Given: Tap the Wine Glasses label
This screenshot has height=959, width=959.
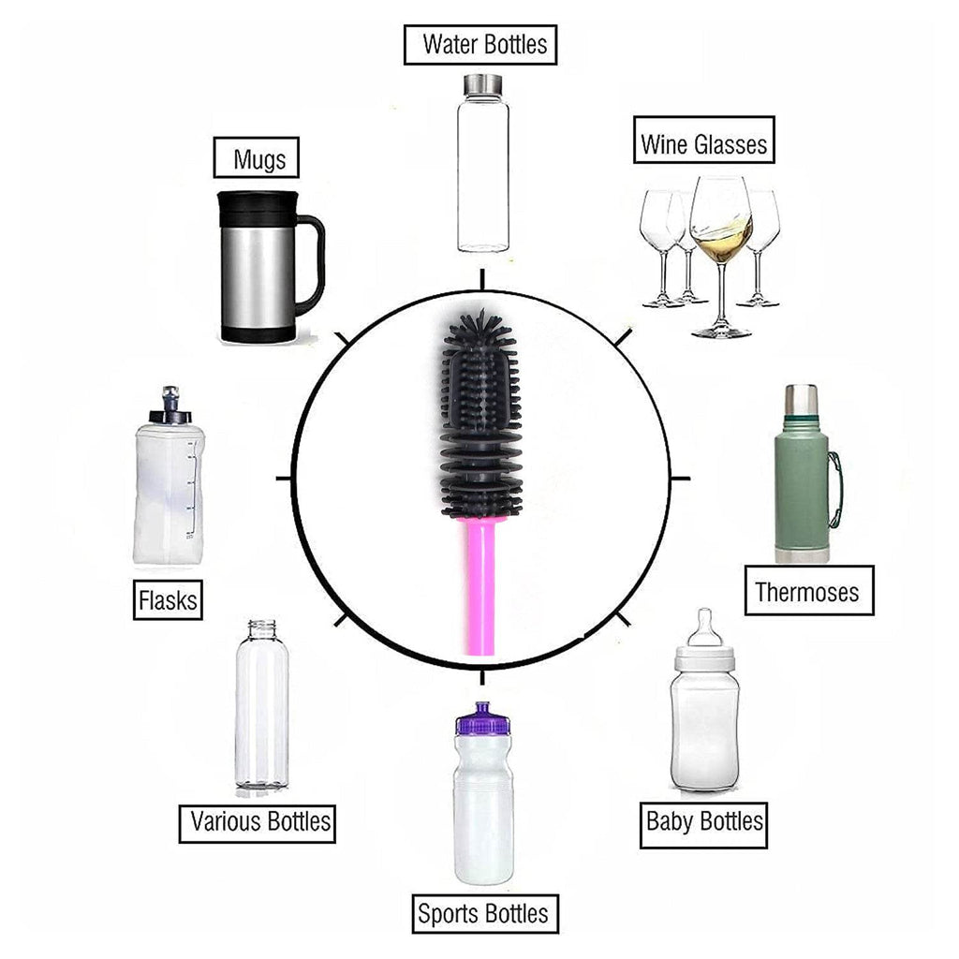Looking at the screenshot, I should pyautogui.click(x=704, y=143).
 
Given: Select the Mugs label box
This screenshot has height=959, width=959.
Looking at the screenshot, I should pyautogui.click(x=259, y=159).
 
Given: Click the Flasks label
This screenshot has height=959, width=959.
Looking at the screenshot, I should pyautogui.click(x=169, y=598).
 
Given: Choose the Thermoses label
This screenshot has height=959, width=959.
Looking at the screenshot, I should pyautogui.click(x=808, y=591).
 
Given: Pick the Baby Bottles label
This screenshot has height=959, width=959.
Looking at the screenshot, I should pyautogui.click(x=704, y=823).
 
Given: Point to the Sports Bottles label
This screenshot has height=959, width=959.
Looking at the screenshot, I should pyautogui.click(x=484, y=914).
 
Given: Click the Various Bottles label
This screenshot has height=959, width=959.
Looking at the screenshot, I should pyautogui.click(x=259, y=822).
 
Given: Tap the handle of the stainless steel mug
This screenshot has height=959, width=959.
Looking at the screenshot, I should pyautogui.click(x=312, y=262).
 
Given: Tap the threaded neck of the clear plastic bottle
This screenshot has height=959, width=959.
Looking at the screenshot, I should pyautogui.click(x=261, y=628).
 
